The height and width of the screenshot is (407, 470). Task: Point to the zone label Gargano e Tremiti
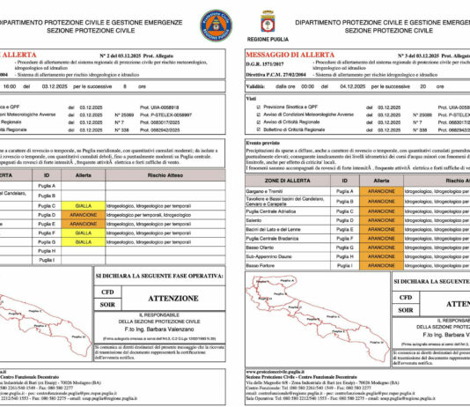(x=263, y=190)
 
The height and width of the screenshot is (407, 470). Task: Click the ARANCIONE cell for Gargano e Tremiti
(x=379, y=190)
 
